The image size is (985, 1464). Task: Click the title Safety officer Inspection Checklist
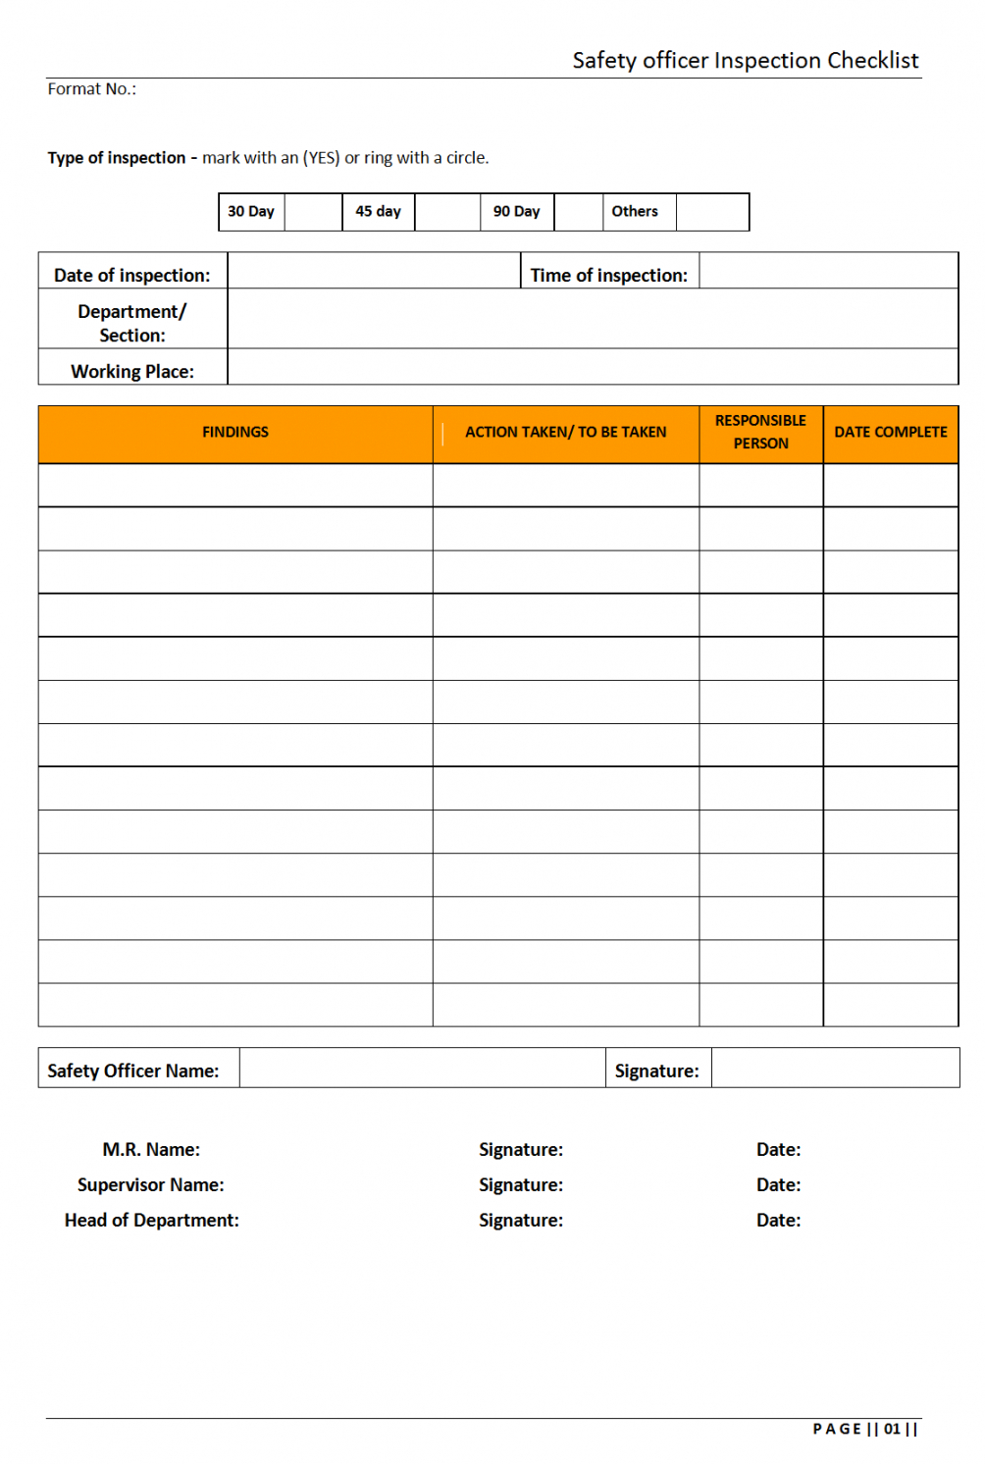point(745,61)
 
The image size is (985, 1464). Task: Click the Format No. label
point(91,89)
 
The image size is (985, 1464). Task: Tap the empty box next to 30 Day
point(313,212)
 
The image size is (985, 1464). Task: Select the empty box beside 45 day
point(447,212)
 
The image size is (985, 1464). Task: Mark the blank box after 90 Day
point(578,212)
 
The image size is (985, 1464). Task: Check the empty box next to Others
point(712,212)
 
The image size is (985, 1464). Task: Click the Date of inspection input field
point(374,271)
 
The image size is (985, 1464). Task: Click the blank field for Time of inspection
point(828,271)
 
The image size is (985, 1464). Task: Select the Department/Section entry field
point(593,319)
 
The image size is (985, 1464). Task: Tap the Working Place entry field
point(593,367)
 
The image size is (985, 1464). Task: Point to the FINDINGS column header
point(235,433)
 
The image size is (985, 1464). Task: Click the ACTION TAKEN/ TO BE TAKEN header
point(565,433)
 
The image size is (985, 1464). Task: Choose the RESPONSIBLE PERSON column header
point(760,433)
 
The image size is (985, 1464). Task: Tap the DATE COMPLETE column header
point(891,433)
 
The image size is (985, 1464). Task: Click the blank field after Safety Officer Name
point(422,1068)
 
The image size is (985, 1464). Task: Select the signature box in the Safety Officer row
point(835,1068)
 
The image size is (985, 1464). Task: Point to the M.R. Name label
point(151,1150)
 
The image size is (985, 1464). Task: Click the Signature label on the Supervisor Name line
point(521,1185)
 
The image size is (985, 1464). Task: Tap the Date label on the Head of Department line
point(778,1221)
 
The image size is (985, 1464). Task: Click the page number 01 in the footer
point(892,1430)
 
